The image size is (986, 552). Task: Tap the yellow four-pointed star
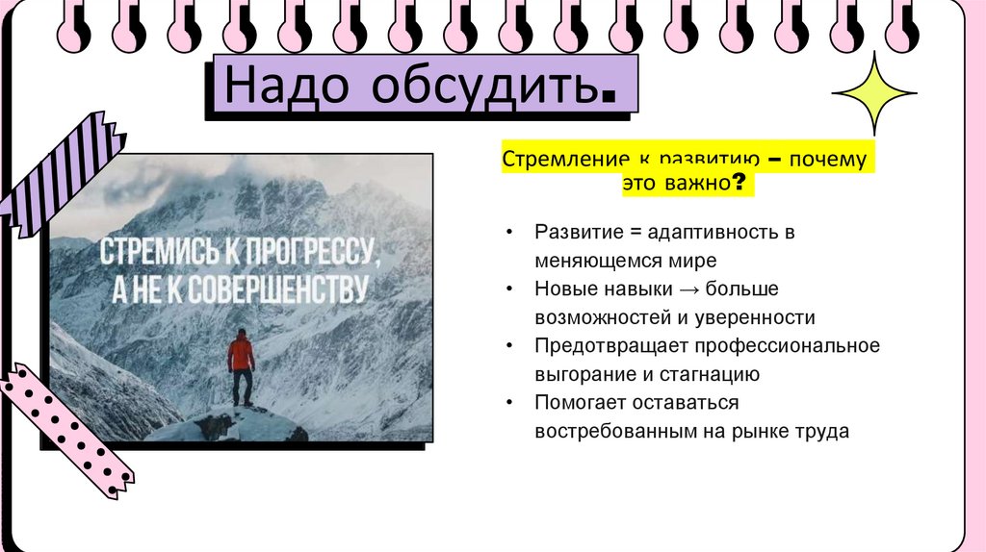(873, 93)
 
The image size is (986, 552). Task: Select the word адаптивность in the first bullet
(700, 233)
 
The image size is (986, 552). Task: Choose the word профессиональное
(783, 345)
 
